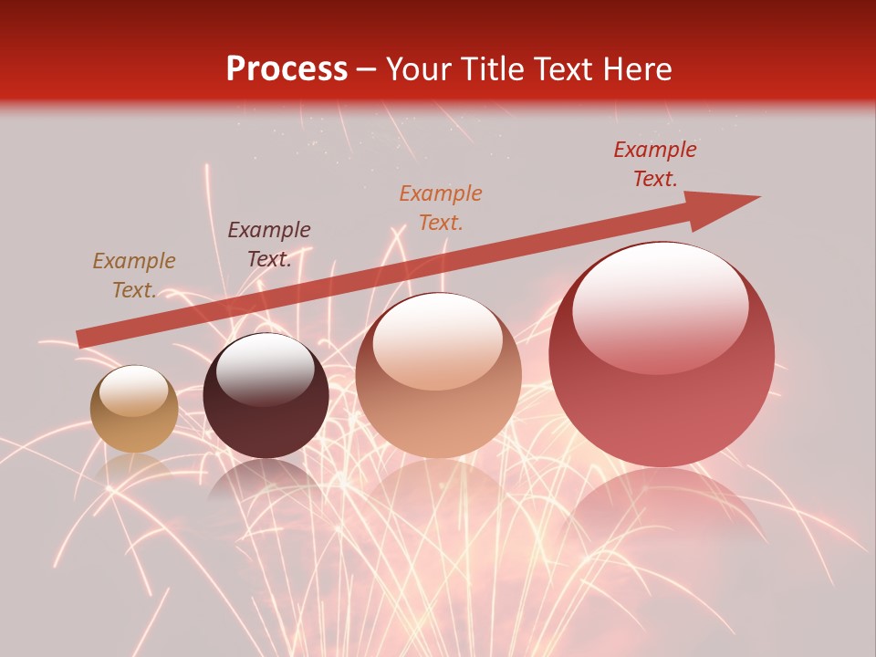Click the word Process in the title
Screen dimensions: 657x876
click(x=287, y=69)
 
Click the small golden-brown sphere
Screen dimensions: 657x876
click(x=134, y=410)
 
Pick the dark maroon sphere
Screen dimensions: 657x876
click(x=266, y=396)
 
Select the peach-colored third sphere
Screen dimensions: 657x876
click(x=438, y=376)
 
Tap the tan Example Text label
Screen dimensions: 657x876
click(x=134, y=276)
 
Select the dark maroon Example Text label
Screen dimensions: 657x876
click(x=268, y=245)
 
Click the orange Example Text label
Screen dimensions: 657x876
click(x=441, y=207)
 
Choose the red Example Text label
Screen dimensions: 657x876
click(x=655, y=164)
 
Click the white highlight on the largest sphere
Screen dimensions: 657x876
click(x=660, y=306)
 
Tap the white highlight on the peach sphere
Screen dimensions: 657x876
click(x=437, y=342)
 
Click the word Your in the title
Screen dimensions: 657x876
click(x=419, y=69)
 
